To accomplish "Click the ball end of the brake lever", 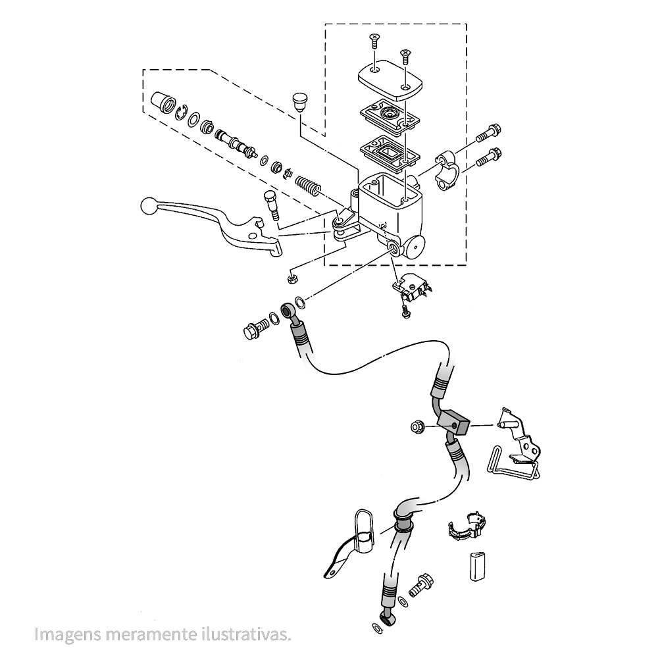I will click(x=147, y=206).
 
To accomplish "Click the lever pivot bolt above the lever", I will click(x=270, y=204).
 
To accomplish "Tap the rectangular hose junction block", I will click(x=454, y=422).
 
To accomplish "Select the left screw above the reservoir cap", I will click(x=374, y=41).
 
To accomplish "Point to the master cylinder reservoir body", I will click(x=392, y=204).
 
